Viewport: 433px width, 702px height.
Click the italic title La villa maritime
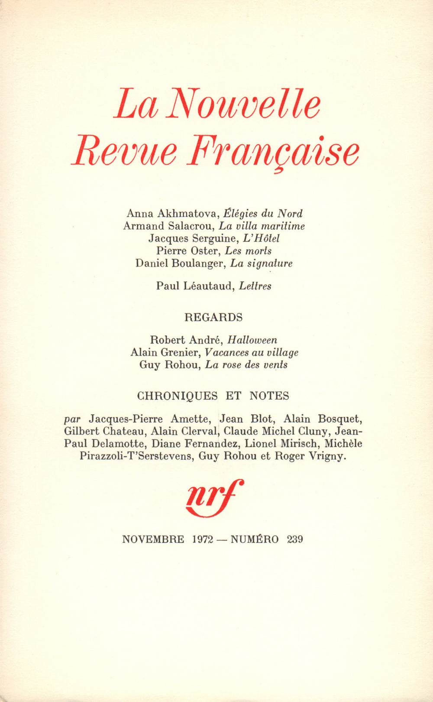(262, 226)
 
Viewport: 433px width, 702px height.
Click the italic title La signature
(261, 263)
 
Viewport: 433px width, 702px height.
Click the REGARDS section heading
(213, 317)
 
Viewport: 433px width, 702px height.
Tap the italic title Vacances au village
(252, 353)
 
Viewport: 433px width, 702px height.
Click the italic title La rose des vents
(246, 365)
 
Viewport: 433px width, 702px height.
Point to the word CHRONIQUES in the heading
(177, 396)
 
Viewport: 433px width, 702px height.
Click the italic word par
(72, 419)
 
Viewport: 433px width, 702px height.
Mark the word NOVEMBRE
(153, 539)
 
